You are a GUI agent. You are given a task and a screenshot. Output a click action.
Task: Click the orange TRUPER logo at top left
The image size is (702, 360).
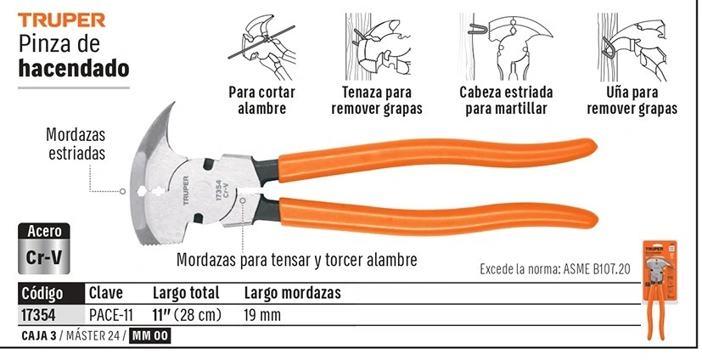point(62,20)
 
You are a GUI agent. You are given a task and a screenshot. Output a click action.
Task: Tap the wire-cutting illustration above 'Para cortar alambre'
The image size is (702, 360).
point(262,47)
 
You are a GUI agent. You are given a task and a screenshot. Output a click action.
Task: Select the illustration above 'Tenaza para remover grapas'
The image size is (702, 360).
point(378,47)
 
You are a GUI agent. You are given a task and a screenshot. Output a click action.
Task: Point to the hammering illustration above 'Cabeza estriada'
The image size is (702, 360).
point(506,47)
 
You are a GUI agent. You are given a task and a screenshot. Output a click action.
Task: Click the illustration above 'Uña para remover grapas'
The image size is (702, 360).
point(632,47)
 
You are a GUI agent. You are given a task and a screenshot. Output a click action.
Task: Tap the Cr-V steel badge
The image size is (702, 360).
point(44,249)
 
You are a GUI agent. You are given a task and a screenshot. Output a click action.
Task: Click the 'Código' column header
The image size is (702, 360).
point(42,294)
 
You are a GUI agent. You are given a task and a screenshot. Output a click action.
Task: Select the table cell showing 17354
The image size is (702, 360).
point(38,315)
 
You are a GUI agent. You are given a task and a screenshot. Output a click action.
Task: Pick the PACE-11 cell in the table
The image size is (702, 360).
point(111,315)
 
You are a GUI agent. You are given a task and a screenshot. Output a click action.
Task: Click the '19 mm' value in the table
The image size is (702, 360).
point(262,315)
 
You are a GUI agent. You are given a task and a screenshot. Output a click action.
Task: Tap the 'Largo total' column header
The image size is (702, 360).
point(186,293)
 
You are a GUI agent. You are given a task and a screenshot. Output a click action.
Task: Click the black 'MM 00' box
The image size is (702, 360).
point(150,336)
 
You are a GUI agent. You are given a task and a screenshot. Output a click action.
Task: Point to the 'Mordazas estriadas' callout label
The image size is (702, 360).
point(76,143)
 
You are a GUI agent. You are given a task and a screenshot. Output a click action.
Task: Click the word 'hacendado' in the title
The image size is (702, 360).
point(74,69)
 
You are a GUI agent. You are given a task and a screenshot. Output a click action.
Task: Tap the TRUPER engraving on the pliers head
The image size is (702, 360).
point(186,191)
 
